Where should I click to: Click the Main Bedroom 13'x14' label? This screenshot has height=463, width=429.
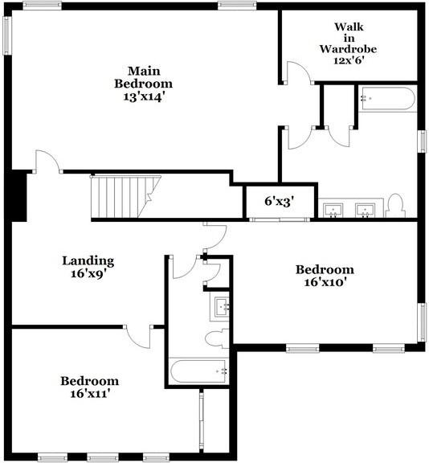[x=143, y=83]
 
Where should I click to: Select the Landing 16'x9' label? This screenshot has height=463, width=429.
[x=88, y=266]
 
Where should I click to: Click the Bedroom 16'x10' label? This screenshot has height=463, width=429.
[x=325, y=276]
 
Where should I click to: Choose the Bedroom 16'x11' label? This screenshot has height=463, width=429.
[x=90, y=387]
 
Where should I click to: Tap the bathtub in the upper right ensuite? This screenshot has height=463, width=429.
[x=387, y=100]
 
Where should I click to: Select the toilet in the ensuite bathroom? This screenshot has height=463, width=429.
[x=394, y=205]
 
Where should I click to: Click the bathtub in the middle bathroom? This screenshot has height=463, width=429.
[x=200, y=371]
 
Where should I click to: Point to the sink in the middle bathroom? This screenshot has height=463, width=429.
[x=223, y=306]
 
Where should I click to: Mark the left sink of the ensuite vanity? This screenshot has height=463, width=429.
[x=333, y=210]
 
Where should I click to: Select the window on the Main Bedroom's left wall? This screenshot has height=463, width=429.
[x=6, y=36]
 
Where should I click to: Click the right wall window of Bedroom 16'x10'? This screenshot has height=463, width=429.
[x=422, y=322]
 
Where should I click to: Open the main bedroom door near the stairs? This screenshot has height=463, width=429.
[x=48, y=160]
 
